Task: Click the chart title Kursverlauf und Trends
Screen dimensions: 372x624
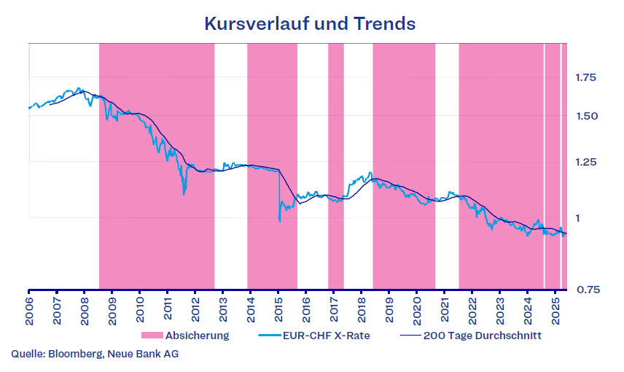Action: [311, 23]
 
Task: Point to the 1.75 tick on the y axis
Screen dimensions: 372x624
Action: [586, 77]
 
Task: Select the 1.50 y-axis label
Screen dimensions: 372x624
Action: [586, 116]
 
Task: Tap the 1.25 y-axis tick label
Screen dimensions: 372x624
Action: [586, 162]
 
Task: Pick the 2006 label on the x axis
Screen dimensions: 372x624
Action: [29, 305]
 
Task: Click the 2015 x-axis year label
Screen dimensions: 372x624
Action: [278, 305]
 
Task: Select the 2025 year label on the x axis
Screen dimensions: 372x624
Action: [555, 305]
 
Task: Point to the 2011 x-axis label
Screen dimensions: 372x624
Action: [168, 305]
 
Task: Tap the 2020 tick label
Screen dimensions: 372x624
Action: [416, 305]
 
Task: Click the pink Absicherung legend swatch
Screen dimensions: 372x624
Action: [152, 336]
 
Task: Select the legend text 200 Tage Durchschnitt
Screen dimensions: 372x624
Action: [482, 336]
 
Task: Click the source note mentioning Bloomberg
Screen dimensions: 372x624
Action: [95, 354]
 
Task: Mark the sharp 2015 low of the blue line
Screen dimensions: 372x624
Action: [280, 220]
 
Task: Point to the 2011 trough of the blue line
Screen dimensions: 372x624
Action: [184, 193]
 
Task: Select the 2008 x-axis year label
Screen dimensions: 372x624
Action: [85, 305]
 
